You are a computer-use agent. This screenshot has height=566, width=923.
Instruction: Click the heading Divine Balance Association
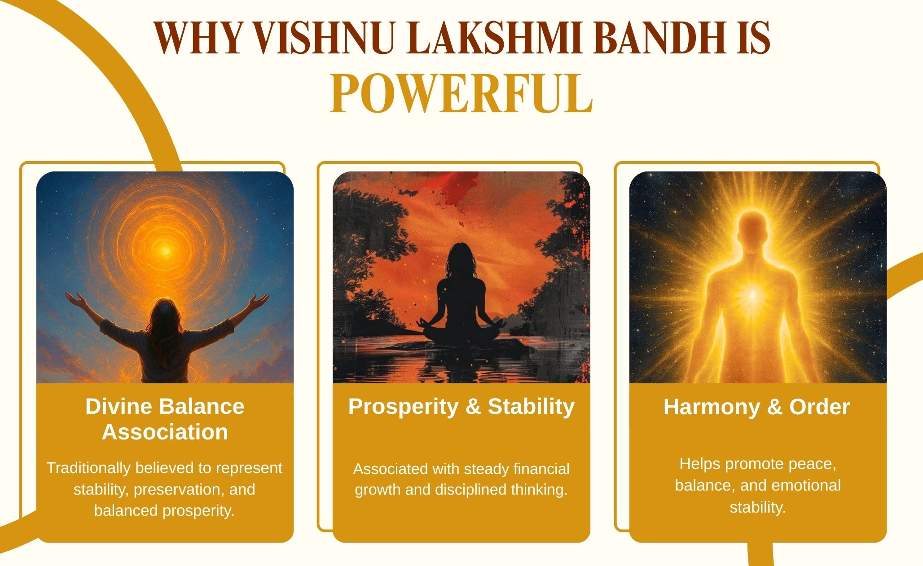click(165, 419)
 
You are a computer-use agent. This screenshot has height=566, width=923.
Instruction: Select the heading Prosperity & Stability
click(461, 407)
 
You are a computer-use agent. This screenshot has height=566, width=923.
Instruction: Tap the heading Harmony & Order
click(757, 407)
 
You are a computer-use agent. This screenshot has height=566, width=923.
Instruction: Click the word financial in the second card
click(542, 469)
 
